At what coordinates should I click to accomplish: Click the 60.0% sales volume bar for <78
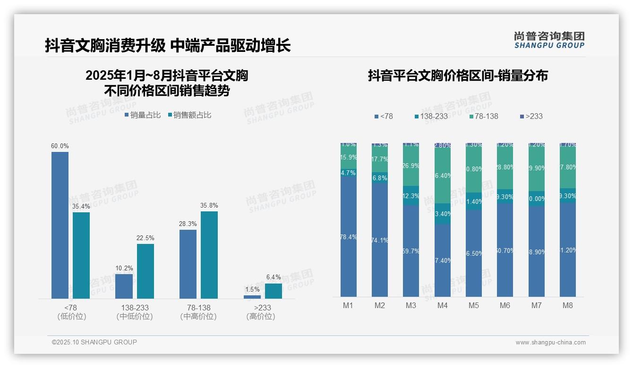pyautogui.click(x=60, y=225)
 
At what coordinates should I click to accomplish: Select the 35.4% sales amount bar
pyautogui.click(x=81, y=255)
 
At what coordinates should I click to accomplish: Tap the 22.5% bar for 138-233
pyautogui.click(x=145, y=271)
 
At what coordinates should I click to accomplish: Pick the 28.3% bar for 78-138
pyautogui.click(x=188, y=264)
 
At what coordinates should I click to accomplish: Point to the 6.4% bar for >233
pyautogui.click(x=274, y=291)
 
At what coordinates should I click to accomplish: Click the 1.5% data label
pyautogui.click(x=252, y=289)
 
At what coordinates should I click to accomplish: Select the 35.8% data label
pyautogui.click(x=209, y=206)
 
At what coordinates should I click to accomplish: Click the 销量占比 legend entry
pyautogui.click(x=142, y=115)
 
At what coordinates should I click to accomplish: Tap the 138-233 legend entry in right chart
pyautogui.click(x=431, y=116)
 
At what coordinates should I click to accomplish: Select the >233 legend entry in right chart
pyautogui.click(x=531, y=116)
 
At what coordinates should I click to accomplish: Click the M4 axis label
pyautogui.click(x=442, y=305)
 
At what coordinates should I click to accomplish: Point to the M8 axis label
pyautogui.click(x=567, y=305)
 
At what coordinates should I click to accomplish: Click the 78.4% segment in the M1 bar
pyautogui.click(x=348, y=237)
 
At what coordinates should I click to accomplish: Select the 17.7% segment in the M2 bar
pyautogui.click(x=379, y=159)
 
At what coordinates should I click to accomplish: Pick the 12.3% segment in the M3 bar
pyautogui.click(x=411, y=196)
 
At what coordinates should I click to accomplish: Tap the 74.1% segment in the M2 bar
pyautogui.click(x=379, y=240)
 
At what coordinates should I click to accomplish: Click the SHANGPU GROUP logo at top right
pyautogui.click(x=549, y=40)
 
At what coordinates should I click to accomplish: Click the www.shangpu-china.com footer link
pyautogui.click(x=550, y=343)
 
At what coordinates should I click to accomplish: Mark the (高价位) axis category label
pyautogui.click(x=260, y=317)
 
